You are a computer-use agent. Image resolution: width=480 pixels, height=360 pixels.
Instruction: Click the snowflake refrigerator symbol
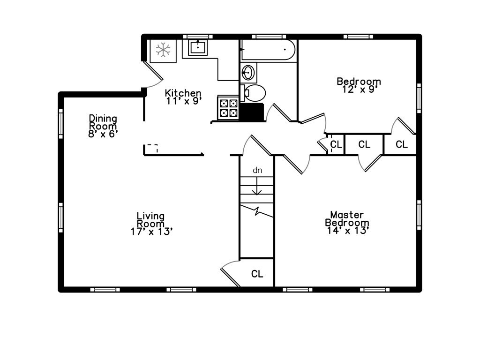163,50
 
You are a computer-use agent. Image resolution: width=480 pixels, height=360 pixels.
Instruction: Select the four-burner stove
228,107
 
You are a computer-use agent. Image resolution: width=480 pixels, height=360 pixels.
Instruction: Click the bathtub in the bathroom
268,50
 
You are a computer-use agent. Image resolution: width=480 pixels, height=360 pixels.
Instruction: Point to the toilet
254,93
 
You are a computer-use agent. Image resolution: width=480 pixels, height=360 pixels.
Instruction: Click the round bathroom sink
248,73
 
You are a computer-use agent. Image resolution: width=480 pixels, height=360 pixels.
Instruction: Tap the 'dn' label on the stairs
257,171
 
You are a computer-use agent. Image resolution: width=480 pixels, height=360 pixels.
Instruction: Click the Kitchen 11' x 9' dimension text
183,101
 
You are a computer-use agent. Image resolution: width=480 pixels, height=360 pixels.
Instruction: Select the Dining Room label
103,122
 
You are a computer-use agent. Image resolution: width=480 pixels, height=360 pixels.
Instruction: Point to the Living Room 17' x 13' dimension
150,231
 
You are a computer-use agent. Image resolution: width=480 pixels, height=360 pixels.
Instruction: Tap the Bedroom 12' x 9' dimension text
359,89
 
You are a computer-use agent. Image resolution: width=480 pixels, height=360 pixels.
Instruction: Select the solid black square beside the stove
252,112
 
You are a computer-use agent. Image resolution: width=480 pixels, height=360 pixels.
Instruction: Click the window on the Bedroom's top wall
358,37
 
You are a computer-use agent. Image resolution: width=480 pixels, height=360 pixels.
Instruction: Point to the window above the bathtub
269,37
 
